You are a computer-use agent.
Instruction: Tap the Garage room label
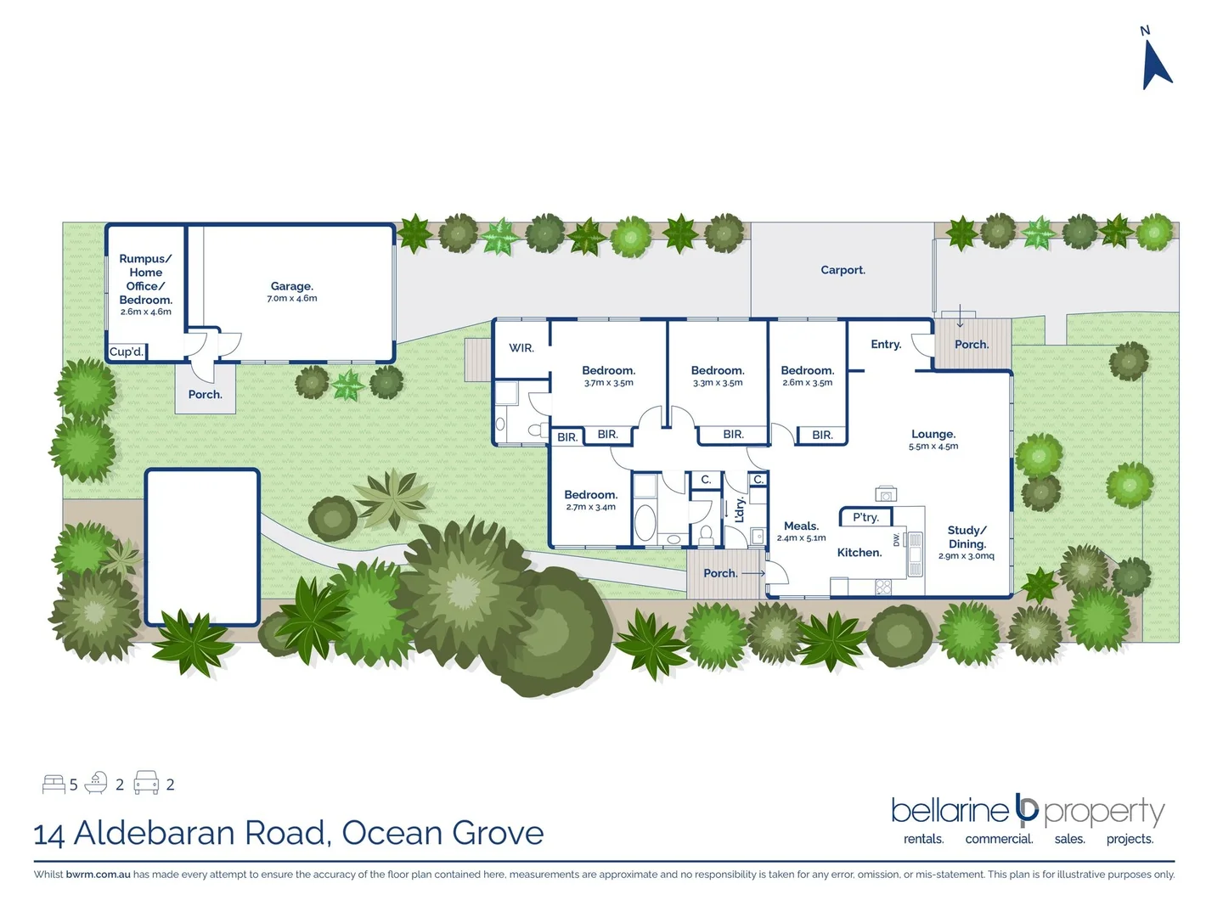tap(292, 286)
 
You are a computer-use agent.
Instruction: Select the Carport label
tap(843, 270)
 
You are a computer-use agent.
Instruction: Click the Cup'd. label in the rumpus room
tap(127, 352)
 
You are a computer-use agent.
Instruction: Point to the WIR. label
tap(521, 348)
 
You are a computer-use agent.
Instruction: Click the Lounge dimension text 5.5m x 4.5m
tap(933, 447)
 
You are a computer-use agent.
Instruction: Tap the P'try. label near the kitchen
tap(865, 517)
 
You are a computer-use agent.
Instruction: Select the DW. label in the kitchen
tap(896, 540)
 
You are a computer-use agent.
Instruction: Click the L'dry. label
tap(739, 509)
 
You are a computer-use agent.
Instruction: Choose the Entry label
tap(886, 344)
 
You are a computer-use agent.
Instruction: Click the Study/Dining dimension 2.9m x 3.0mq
tap(966, 556)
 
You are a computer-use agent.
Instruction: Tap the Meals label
tap(801, 526)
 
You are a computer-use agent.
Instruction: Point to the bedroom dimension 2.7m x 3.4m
tap(590, 507)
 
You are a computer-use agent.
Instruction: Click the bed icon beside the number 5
tap(54, 784)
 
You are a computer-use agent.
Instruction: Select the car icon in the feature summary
tap(146, 783)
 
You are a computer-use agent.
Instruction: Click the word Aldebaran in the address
tap(200, 833)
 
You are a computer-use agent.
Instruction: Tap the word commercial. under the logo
tap(999, 839)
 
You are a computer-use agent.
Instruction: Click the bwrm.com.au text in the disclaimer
tap(98, 875)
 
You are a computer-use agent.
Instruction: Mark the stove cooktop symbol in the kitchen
tap(883, 586)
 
